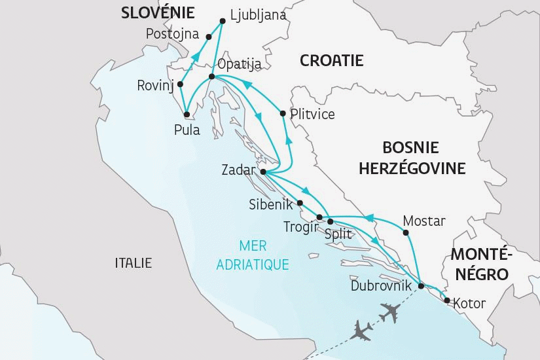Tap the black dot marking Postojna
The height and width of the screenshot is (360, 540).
pos(209,36)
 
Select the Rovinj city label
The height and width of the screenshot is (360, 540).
pos(154,85)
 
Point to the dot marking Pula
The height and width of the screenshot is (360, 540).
pos(187,114)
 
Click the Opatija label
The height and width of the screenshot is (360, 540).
pos(239,64)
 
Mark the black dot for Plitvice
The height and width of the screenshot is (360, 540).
pos(282,114)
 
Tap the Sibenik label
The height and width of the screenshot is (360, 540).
pos(271,204)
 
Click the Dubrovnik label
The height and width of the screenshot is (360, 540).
pos(382,286)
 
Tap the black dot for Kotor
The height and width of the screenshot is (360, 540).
pos(446,301)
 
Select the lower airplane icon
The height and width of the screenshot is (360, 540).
pos(362,330)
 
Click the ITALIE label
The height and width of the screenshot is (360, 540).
pos(133,263)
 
